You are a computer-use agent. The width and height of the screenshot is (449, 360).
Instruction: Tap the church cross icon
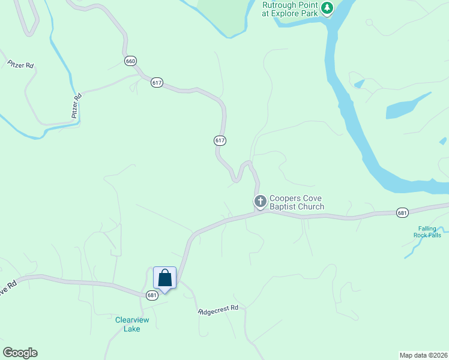(261, 202)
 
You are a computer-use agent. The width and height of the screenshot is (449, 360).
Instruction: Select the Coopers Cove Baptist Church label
(297, 202)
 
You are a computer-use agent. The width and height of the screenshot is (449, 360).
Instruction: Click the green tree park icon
(327, 8)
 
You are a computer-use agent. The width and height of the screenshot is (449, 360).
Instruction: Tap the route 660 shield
(131, 61)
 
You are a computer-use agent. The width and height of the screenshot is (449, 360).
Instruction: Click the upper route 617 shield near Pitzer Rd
(157, 83)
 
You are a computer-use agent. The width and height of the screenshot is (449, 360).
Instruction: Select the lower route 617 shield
(220, 140)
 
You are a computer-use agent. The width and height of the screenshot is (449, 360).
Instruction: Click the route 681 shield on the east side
(402, 212)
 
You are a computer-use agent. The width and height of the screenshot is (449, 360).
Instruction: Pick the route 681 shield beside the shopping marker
(152, 295)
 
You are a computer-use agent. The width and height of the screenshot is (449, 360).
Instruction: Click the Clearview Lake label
(131, 324)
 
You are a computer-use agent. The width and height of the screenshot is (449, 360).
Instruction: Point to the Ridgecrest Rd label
(219, 310)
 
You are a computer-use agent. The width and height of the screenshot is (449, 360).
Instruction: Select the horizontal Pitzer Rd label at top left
(20, 64)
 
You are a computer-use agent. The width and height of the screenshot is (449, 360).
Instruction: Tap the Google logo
(20, 353)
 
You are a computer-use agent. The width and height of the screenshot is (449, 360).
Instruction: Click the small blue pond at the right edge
(443, 142)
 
